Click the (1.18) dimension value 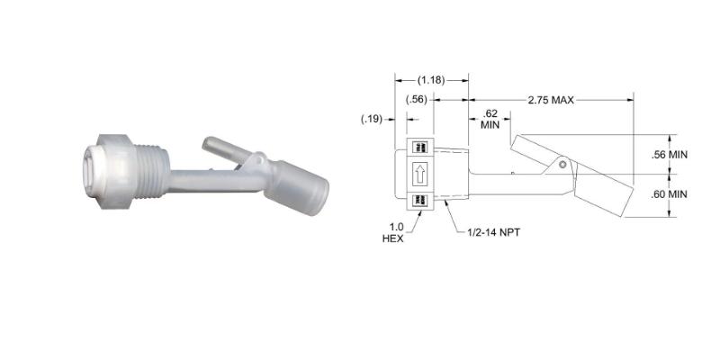pyautogui.click(x=431, y=80)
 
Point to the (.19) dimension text pyautogui.click(x=372, y=119)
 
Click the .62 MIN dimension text pyautogui.click(x=490, y=119)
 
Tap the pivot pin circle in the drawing pyautogui.click(x=563, y=165)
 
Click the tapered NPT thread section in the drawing pyautogui.click(x=451, y=172)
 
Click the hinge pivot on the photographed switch pyautogui.click(x=256, y=161)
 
